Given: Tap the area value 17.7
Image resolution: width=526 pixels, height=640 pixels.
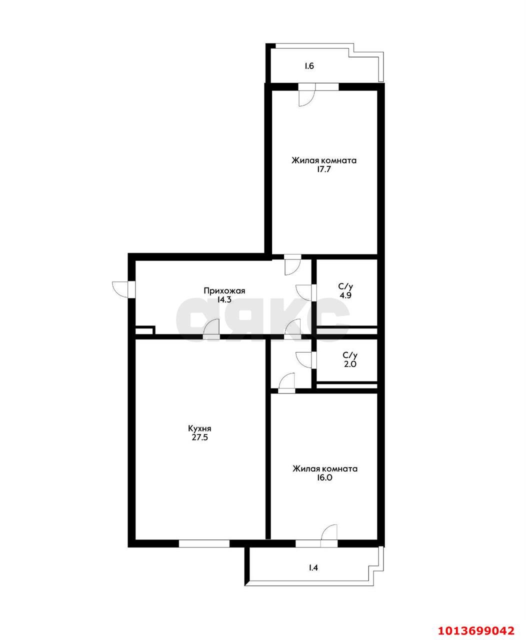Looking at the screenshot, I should (x=324, y=169).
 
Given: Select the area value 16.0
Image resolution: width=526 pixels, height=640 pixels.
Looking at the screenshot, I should (x=325, y=477).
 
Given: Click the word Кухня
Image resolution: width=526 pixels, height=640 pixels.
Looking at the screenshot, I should (x=199, y=428).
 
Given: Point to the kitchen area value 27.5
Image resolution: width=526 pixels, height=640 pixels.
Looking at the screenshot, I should (x=199, y=437).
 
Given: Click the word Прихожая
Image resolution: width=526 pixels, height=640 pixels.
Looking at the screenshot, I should (x=224, y=290).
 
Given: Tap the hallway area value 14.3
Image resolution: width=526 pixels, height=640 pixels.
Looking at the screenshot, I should (x=224, y=299).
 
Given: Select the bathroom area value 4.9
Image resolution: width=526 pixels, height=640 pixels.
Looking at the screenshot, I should (x=345, y=295).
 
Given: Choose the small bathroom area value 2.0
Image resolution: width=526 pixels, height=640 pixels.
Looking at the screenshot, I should (x=349, y=364).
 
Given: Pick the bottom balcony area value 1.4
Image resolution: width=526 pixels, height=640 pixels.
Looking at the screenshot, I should (x=313, y=567).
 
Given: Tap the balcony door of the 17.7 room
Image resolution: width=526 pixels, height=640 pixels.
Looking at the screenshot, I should (x=306, y=95).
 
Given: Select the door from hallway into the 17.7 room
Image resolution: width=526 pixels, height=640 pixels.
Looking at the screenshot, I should (x=292, y=264).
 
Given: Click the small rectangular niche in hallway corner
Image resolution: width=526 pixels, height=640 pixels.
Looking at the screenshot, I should (x=145, y=330).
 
